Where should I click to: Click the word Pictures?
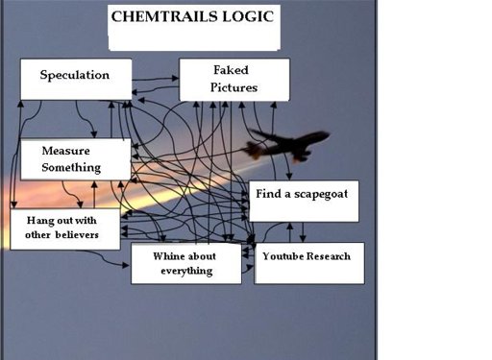click(234, 87)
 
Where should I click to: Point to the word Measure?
click(66, 151)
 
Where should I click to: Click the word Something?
click(71, 168)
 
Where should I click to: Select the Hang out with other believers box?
click(64, 228)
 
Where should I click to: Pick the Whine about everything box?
click(184, 264)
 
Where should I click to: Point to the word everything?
click(184, 272)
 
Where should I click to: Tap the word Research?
click(330, 256)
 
